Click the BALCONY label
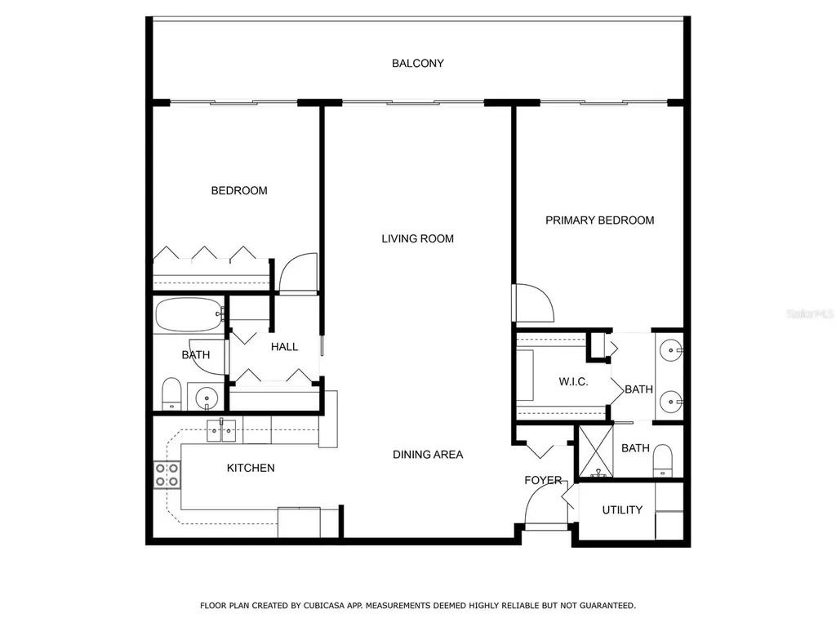point(417,63)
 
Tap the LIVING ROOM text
point(417,239)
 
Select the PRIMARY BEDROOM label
point(599,220)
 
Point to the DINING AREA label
point(427,455)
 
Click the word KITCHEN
point(250,469)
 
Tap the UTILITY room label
point(622,510)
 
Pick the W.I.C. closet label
point(573,382)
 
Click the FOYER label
point(543,480)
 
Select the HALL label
point(284,347)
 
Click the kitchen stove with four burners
point(167,474)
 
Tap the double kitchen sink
point(221,430)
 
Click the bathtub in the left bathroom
point(189,315)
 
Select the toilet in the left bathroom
point(171,394)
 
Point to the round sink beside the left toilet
point(207,398)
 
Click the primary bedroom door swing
point(532,301)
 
